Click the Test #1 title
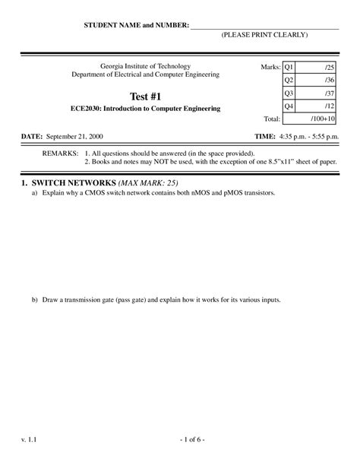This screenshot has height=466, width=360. coord(144,96)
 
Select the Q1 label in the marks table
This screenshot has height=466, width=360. coord(289,67)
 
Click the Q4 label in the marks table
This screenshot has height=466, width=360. coord(289,106)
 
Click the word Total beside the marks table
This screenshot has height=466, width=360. coord(271,119)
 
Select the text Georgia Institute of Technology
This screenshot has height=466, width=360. coord(144,67)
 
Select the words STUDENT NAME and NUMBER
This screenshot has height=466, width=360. coord(136,25)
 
